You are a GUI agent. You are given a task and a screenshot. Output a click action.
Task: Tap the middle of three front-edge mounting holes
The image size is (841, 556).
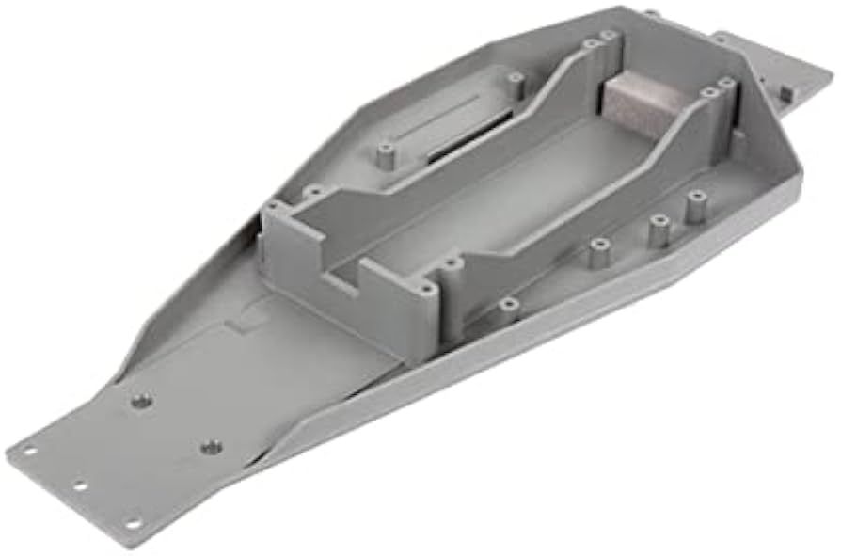[78, 486]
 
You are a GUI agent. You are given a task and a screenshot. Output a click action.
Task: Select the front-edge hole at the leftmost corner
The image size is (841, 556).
[29, 451]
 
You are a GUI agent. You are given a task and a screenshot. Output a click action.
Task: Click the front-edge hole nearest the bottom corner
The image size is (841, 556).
[133, 523]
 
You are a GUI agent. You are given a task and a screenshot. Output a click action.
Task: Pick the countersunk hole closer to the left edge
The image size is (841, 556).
[141, 402]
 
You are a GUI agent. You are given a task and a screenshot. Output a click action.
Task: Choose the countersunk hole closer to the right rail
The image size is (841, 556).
[212, 447]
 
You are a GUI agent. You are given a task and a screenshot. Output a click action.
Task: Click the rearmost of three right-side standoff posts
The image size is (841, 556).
[696, 204]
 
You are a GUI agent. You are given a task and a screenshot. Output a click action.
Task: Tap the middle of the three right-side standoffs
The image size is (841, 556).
[658, 229]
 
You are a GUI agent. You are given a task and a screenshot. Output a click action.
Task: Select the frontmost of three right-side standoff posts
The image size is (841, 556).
[598, 252]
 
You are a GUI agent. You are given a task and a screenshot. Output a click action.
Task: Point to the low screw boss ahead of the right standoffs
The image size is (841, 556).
[509, 304]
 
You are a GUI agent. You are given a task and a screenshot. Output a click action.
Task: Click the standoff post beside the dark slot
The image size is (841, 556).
[386, 154]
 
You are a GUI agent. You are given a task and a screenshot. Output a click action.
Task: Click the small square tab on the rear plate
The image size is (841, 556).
[782, 91]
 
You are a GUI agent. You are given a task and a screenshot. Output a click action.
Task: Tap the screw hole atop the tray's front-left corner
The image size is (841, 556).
[273, 205]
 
